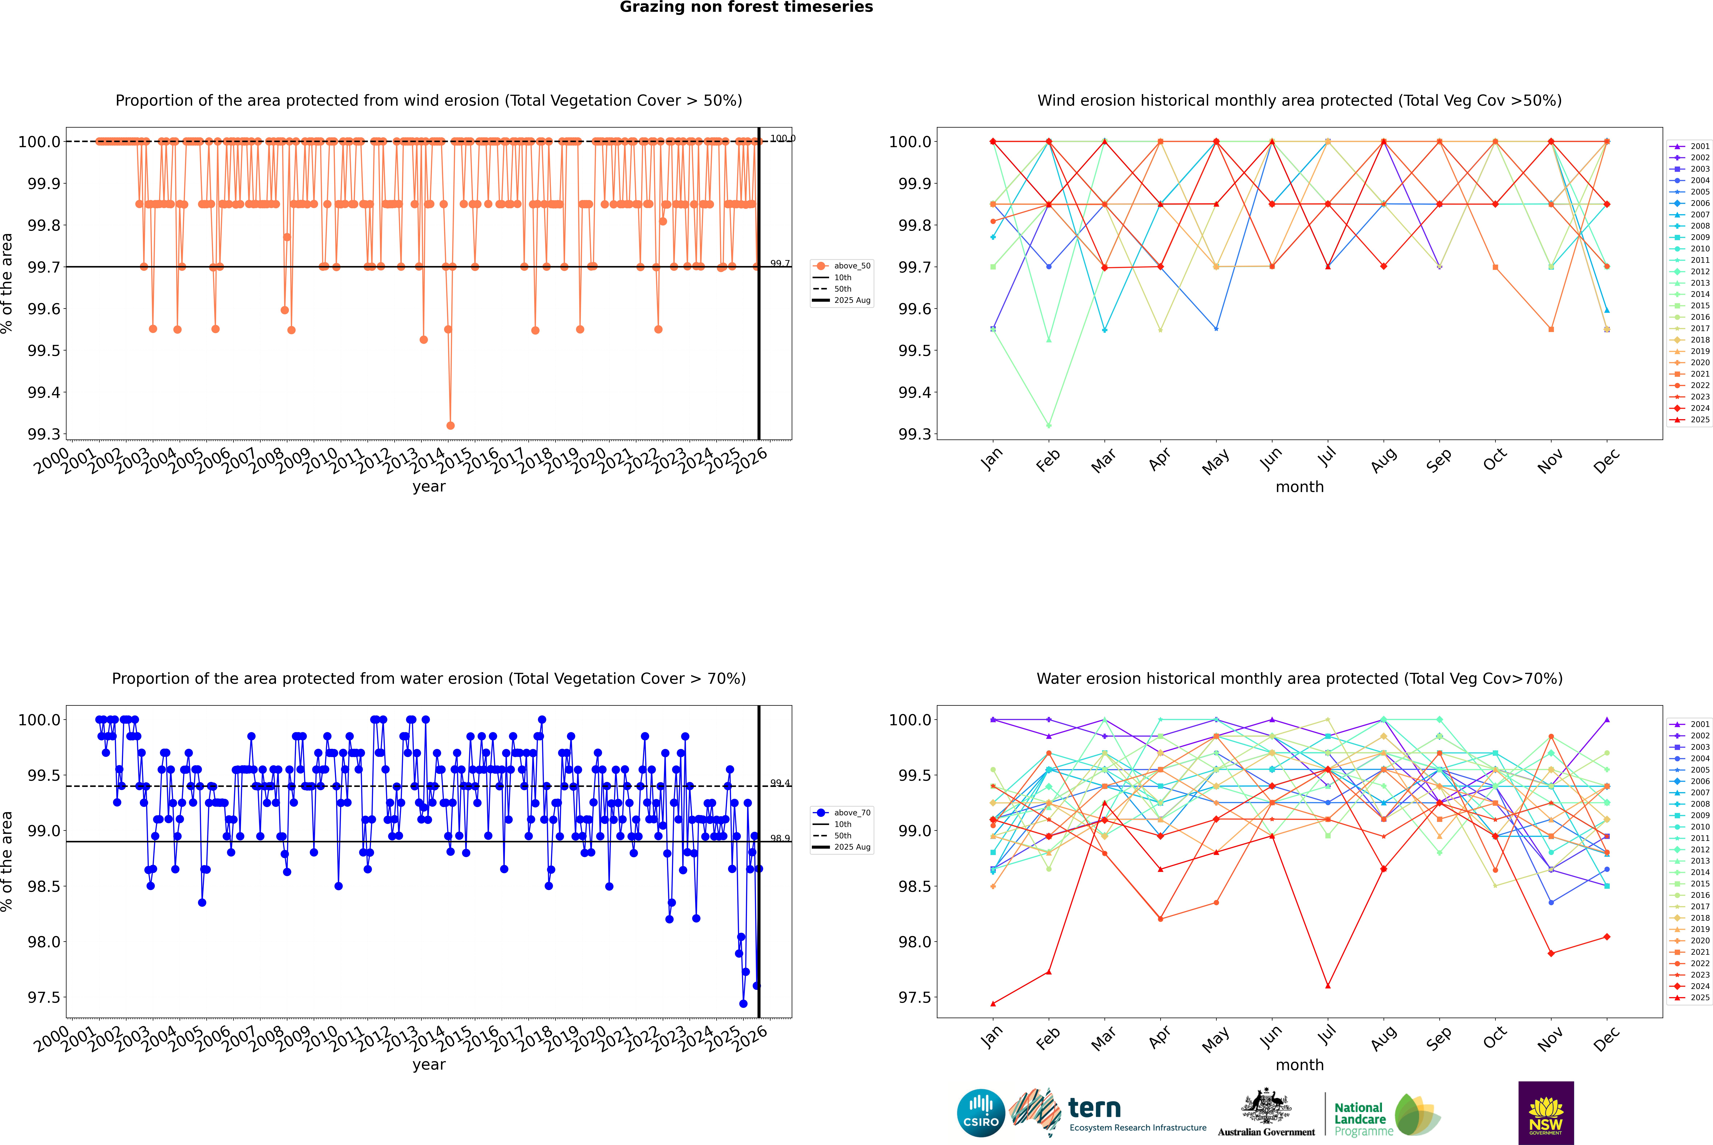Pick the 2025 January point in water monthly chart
[992, 1003]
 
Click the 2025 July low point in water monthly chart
[1327, 986]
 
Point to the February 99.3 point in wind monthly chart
[1048, 425]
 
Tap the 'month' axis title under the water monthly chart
[1299, 1065]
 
